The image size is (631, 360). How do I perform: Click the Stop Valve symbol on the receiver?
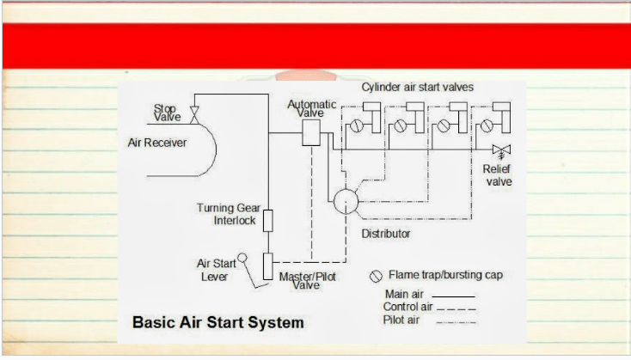tap(194, 115)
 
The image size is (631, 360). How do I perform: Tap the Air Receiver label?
tap(157, 143)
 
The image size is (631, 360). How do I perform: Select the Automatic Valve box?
tap(311, 132)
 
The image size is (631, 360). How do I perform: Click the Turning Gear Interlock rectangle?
tap(267, 221)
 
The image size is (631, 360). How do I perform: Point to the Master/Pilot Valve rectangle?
tap(267, 266)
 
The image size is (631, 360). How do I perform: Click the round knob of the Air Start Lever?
tap(242, 258)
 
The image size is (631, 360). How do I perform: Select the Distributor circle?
tap(346, 201)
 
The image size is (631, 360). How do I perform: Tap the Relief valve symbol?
tap(501, 151)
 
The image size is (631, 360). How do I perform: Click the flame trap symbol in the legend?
tap(376, 277)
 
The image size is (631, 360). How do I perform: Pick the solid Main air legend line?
tap(453, 296)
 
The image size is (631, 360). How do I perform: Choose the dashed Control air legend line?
tap(456, 309)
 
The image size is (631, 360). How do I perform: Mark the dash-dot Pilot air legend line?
tap(456, 322)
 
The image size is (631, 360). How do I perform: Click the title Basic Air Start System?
tap(218, 322)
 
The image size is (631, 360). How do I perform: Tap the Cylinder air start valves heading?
tap(417, 88)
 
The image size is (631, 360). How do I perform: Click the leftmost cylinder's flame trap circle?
tap(357, 126)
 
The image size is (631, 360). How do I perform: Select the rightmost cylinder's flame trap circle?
tap(487, 126)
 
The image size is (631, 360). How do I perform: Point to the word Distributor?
tap(386, 234)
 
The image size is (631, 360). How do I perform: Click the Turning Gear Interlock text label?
tap(228, 214)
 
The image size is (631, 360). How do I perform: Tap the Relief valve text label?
tap(498, 175)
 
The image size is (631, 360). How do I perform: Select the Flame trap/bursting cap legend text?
tap(445, 275)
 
